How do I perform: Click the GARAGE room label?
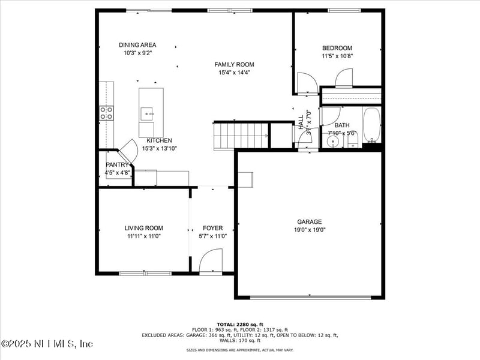(310, 221)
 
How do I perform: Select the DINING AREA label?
(137, 45)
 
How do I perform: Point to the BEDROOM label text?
(337, 48)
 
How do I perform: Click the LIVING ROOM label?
(143, 228)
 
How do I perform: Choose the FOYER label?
(212, 228)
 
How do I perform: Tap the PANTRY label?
(117, 164)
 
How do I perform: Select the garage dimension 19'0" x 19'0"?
(310, 229)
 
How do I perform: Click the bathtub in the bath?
(371, 125)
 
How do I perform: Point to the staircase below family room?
(241, 135)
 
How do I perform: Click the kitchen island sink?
(148, 112)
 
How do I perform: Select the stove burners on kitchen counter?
(106, 113)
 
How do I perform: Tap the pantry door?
(128, 150)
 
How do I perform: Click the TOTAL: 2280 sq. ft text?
(240, 324)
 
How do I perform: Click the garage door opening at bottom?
(310, 297)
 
